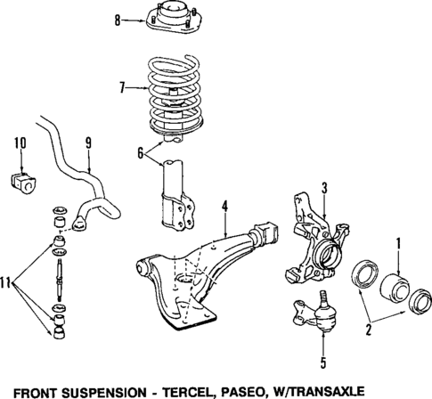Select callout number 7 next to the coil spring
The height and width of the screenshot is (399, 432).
click(124, 88)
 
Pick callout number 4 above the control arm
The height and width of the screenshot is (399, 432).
click(225, 208)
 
